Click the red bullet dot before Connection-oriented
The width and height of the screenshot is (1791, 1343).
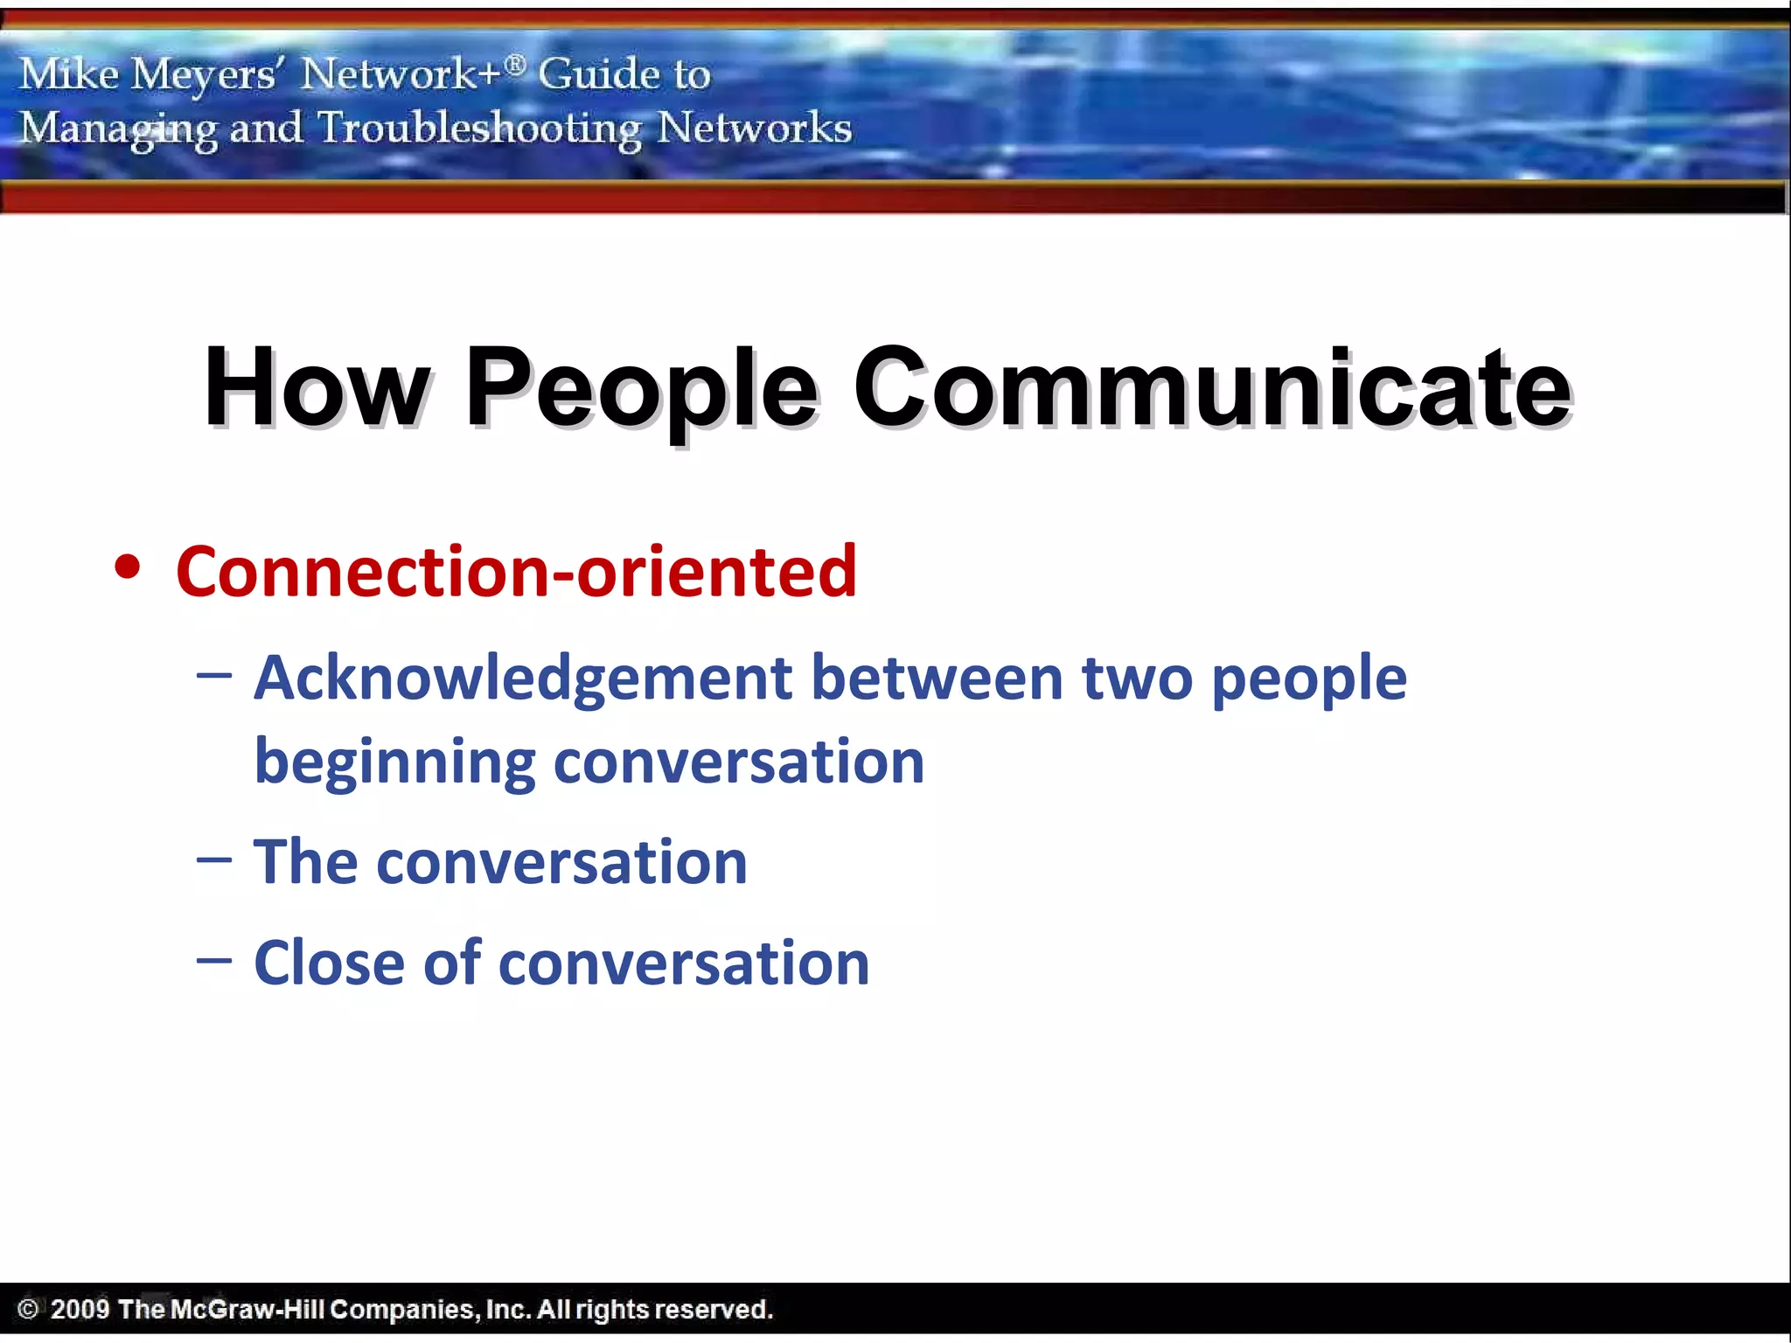(128, 567)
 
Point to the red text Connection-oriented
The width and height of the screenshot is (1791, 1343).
(516, 572)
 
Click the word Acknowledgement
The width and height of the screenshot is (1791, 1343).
(523, 678)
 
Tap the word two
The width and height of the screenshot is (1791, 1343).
(1137, 678)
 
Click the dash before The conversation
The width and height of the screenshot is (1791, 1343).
(214, 860)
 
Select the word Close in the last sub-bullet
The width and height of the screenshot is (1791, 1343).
(329, 963)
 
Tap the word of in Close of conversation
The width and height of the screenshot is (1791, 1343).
(452, 963)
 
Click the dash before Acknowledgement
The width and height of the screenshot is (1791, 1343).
(214, 676)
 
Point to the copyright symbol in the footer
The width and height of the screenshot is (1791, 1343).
(28, 1309)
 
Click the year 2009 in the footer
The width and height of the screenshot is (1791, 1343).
(80, 1309)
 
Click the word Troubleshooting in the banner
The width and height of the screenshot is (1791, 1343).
(479, 129)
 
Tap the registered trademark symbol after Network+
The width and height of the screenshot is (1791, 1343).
(516, 64)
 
